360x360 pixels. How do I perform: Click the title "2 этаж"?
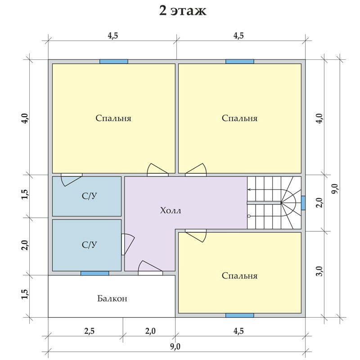183,11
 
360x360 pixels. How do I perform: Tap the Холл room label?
171,210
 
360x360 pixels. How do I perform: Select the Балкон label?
112,298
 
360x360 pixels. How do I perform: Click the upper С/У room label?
89,196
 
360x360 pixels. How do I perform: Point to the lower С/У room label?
89,245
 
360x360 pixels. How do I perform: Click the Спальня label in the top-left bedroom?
113,118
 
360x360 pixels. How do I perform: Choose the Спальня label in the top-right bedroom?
240,118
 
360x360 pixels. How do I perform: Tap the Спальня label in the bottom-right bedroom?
240,275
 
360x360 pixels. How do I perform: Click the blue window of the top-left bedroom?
114,62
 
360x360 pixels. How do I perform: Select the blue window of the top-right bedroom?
240,62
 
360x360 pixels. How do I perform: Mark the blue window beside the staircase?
303,203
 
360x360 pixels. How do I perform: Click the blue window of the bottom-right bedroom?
240,315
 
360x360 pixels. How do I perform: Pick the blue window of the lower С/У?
94,273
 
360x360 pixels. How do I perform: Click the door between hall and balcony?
150,268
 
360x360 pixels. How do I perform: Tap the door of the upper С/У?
72,180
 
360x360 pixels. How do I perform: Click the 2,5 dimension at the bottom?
89,331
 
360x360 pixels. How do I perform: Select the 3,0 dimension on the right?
320,271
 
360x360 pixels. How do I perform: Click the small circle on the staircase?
249,216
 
